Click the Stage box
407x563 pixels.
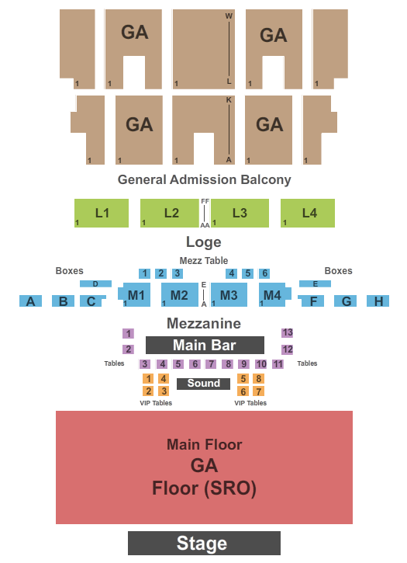[204, 543]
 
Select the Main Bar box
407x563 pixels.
[205, 345]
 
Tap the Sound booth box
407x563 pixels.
[203, 384]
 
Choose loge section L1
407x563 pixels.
[102, 213]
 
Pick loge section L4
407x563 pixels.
[308, 213]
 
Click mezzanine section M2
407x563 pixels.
[180, 295]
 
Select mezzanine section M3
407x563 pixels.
[229, 295]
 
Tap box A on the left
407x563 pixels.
[30, 301]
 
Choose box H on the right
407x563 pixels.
[378, 301]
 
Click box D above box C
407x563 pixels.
[95, 283]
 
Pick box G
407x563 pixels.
[345, 301]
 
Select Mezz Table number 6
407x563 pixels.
[264, 273]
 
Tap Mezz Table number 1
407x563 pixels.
[144, 273]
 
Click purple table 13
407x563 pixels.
[288, 332]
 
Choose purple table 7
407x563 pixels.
[211, 363]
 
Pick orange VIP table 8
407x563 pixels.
[259, 378]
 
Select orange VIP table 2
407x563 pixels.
[148, 391]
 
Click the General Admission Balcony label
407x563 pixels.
[204, 179]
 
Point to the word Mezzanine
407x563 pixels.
[204, 323]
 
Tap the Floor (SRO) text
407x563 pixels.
[204, 488]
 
